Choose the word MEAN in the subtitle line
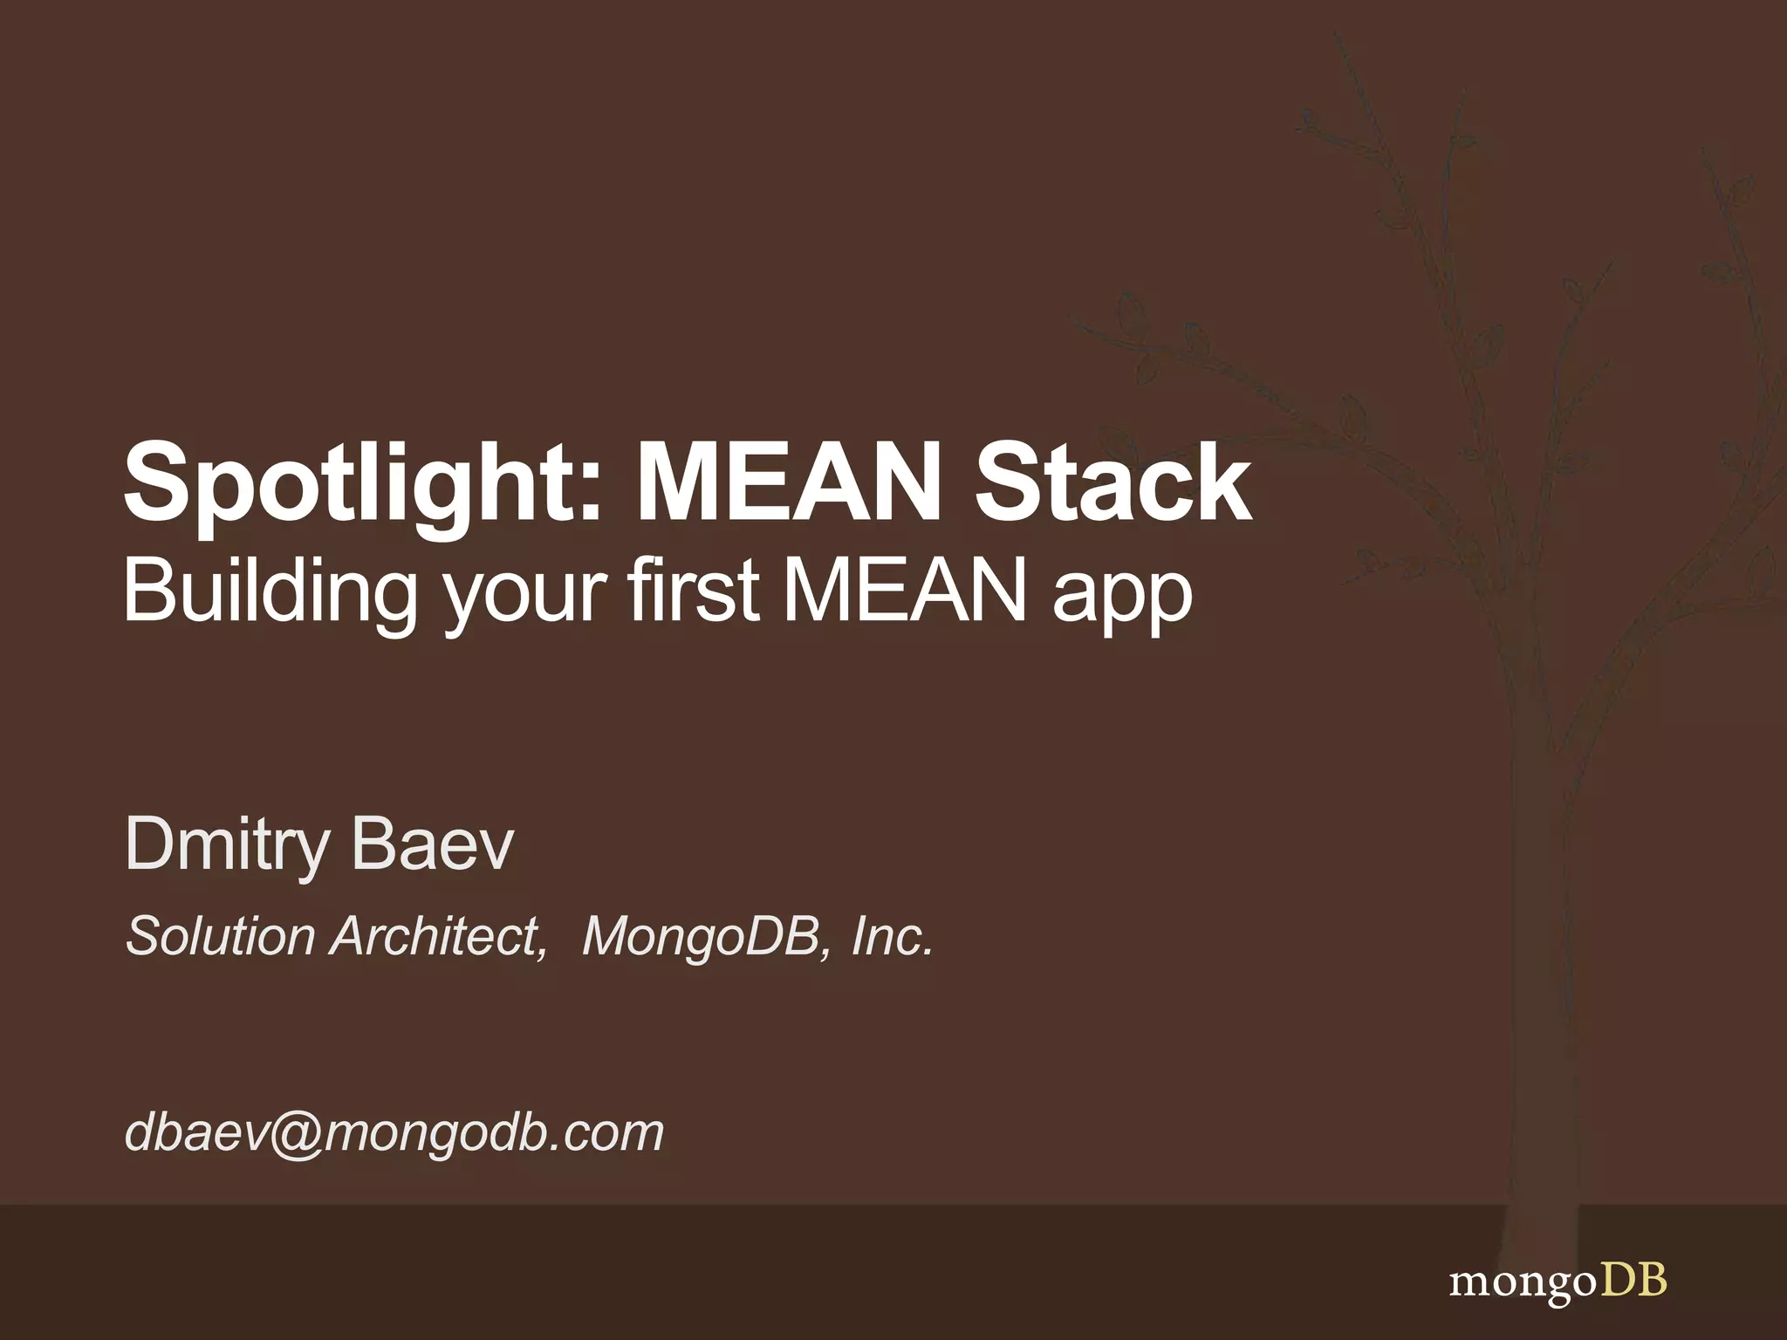pyautogui.click(x=905, y=591)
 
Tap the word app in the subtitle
pyautogui.click(x=1123, y=598)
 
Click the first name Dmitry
pyautogui.click(x=226, y=844)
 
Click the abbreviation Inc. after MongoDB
pyautogui.click(x=892, y=936)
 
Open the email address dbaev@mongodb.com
pyautogui.click(x=394, y=1132)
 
